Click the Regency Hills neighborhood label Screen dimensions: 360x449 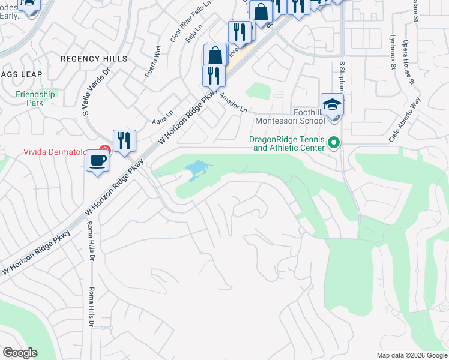[94, 59]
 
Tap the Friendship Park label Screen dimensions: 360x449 [35, 98]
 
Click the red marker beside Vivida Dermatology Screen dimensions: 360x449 [105, 151]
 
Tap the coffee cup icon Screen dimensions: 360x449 [97, 161]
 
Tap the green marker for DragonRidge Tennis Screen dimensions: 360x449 [335, 143]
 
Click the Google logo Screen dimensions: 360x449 [20, 353]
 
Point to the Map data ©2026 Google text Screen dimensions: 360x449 [411, 355]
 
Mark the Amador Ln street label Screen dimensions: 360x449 [234, 103]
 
